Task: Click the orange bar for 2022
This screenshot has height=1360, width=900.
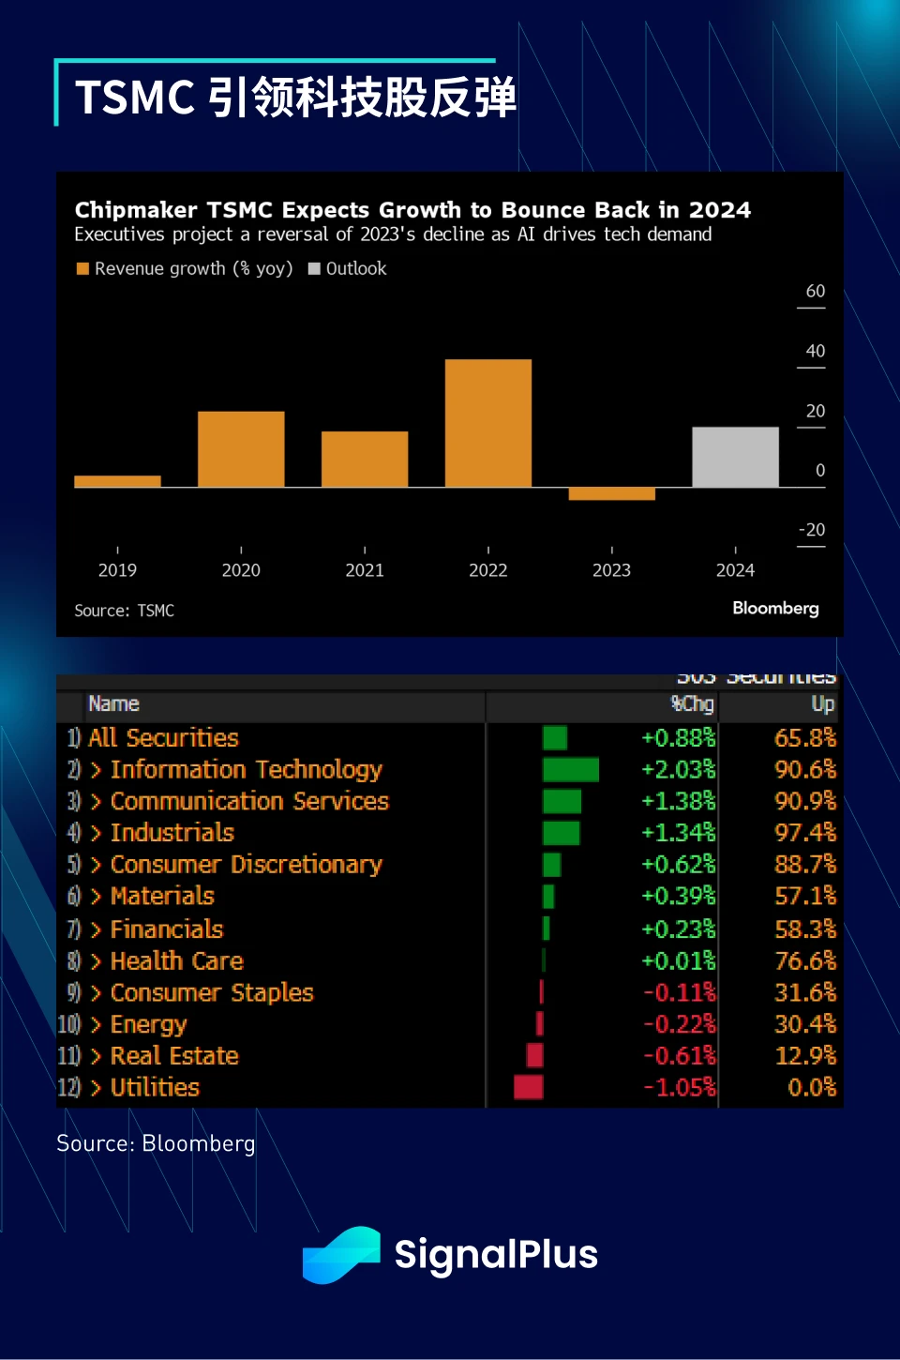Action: tap(487, 423)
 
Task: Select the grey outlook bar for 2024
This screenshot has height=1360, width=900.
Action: tap(735, 457)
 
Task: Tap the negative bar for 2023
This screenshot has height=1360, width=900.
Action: tap(611, 493)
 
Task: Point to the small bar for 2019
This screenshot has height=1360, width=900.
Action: tap(117, 481)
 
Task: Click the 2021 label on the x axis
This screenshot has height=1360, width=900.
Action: tap(365, 570)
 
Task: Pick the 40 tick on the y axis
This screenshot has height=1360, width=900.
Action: tap(815, 351)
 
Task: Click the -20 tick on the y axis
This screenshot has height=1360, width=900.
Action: tap(812, 530)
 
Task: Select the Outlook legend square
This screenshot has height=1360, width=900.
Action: tap(315, 269)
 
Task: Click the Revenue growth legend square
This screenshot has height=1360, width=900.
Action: tap(82, 269)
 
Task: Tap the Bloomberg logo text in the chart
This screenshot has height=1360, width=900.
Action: tap(775, 608)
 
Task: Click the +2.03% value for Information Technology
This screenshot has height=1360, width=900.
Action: tap(678, 770)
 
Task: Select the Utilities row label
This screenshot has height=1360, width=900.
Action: tap(155, 1088)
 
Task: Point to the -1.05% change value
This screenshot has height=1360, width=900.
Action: tap(679, 1088)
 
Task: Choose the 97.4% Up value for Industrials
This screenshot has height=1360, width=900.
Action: tap(804, 833)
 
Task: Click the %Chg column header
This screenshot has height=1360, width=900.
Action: tap(693, 704)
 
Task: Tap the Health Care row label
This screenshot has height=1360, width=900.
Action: tap(176, 961)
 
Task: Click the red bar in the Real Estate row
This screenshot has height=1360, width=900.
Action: tap(535, 1056)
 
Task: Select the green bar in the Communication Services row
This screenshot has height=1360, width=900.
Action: tap(562, 802)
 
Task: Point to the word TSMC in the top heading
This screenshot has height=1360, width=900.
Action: tap(135, 98)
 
